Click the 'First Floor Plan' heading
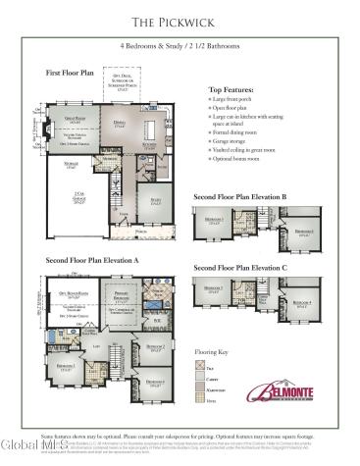click(x=71, y=73)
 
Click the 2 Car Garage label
click(x=79, y=195)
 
